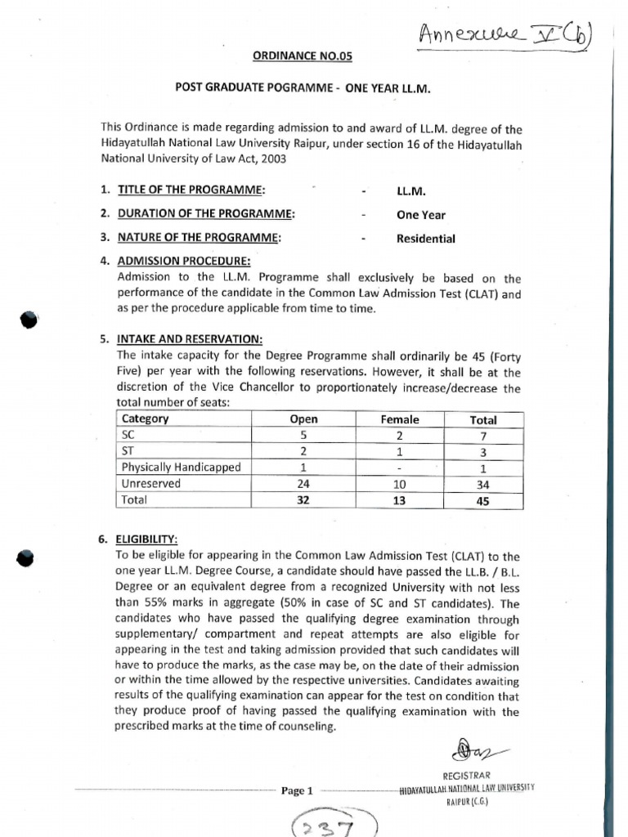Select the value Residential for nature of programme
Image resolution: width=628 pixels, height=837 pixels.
(425, 239)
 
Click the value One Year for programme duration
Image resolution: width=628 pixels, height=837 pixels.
(420, 215)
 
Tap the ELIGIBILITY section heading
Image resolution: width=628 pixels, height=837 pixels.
(147, 539)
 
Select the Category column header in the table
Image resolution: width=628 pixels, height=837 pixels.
(146, 419)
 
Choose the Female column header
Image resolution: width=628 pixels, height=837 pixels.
(400, 419)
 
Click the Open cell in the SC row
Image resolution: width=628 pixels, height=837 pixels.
(303, 436)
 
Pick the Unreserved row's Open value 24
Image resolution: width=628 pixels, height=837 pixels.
(303, 483)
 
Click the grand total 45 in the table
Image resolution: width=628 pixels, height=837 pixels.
(483, 500)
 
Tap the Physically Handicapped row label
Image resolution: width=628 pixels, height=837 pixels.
(181, 468)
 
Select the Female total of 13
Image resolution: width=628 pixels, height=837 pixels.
(400, 500)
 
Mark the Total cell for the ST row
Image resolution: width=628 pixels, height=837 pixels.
(483, 452)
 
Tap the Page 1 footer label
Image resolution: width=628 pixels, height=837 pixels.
(297, 790)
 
